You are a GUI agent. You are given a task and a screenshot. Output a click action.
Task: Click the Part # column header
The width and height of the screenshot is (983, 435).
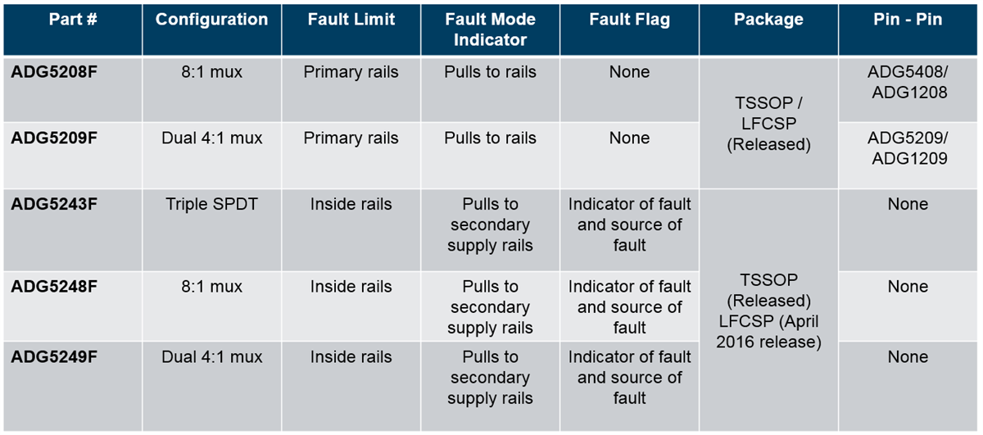tap(72, 20)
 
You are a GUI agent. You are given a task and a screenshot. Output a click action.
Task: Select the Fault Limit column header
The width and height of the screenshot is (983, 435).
tap(351, 20)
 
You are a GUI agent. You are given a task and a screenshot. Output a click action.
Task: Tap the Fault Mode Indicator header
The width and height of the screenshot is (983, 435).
tap(490, 29)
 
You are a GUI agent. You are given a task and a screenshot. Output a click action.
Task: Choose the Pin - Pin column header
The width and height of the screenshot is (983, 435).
tap(908, 20)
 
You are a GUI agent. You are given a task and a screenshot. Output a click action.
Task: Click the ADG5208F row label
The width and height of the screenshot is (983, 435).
tap(54, 72)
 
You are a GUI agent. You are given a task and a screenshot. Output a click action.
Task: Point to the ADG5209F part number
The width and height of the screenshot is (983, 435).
tap(54, 138)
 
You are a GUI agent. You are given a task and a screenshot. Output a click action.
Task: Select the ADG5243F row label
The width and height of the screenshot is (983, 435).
tap(54, 204)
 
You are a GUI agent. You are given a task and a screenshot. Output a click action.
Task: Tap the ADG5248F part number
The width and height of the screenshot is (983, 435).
tap(54, 287)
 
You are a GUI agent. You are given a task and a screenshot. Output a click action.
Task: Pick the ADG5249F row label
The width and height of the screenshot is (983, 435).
tap(54, 357)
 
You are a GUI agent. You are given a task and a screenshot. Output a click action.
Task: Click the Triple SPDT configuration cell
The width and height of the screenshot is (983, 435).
tap(211, 204)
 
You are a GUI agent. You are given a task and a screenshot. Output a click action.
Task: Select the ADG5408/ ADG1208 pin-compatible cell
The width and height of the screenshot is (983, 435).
tap(908, 82)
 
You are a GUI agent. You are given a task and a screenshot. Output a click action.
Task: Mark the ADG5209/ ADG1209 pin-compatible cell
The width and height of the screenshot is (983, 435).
tap(908, 148)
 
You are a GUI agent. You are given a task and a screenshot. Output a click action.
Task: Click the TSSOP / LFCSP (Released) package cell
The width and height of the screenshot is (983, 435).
tap(768, 123)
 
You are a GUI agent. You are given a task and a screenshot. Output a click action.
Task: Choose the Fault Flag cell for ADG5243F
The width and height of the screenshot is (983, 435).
tap(629, 224)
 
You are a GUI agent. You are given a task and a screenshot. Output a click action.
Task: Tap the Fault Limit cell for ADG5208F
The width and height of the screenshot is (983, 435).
tap(351, 72)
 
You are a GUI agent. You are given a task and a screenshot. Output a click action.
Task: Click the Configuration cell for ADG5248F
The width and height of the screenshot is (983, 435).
tap(211, 287)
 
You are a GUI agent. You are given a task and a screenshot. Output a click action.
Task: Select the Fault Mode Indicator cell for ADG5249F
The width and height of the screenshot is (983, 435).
tap(490, 378)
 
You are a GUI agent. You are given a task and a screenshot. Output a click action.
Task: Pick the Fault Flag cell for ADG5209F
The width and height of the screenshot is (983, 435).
tap(629, 138)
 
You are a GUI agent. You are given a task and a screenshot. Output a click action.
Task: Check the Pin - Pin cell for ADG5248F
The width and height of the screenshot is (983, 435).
tap(908, 287)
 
